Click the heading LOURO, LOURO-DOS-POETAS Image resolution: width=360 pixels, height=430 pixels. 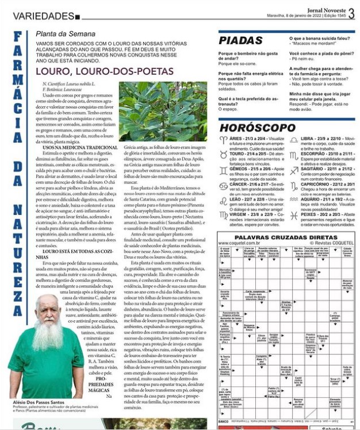point(104,71)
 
